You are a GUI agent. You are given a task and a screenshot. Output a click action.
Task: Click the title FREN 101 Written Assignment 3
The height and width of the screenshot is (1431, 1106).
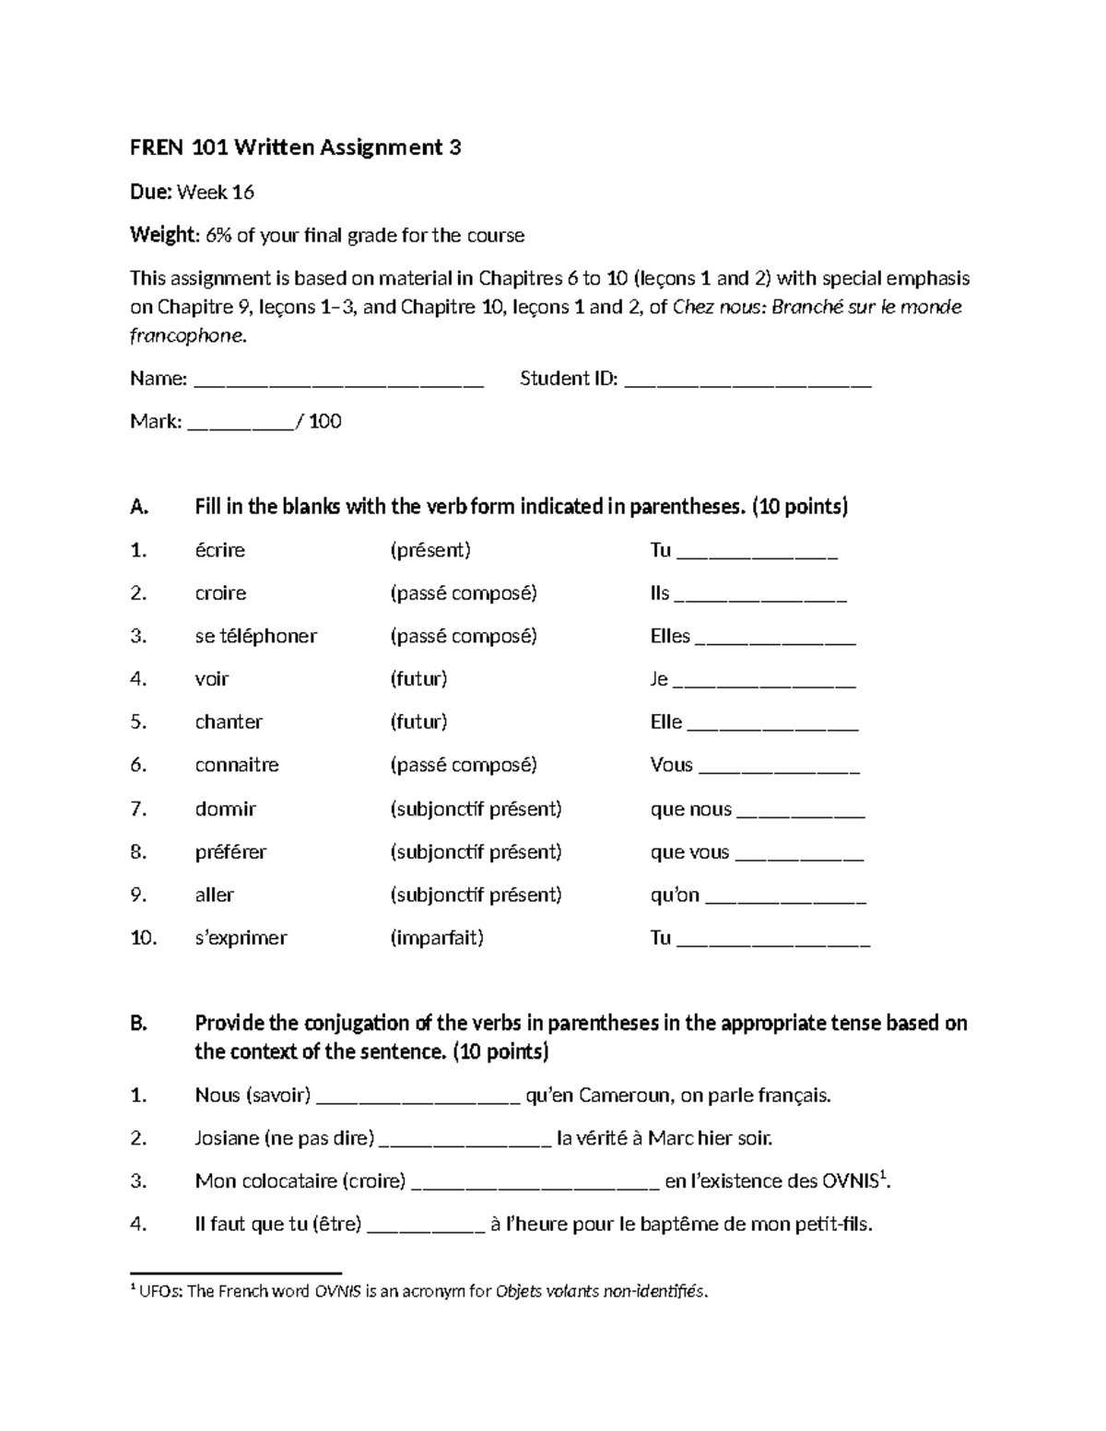[295, 147]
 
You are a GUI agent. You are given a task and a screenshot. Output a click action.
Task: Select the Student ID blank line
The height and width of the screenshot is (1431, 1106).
[747, 381]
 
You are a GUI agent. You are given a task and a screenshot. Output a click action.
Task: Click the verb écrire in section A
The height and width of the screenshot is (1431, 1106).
[219, 551]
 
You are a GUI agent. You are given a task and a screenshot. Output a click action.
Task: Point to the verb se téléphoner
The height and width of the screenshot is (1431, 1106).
[255, 637]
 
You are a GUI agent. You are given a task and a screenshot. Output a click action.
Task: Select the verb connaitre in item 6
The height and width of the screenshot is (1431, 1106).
[237, 766]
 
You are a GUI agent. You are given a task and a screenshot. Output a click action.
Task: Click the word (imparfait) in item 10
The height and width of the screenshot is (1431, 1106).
[437, 938]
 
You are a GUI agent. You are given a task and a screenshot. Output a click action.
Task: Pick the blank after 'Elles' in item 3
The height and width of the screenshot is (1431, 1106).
[775, 639]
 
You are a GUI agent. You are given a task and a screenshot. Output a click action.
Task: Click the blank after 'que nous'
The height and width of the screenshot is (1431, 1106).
[801, 812]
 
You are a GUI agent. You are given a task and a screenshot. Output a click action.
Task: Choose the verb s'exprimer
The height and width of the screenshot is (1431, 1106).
[241, 938]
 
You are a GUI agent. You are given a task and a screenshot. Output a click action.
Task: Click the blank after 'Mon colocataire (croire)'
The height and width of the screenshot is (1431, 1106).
[535, 1183]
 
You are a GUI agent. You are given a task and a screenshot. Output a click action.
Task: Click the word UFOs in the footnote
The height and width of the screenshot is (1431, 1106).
[160, 1292]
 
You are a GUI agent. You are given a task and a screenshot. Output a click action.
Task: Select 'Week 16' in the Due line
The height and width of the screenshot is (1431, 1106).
[215, 193]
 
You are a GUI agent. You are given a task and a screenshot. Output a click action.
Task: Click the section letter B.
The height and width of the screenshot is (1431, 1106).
[138, 1024]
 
